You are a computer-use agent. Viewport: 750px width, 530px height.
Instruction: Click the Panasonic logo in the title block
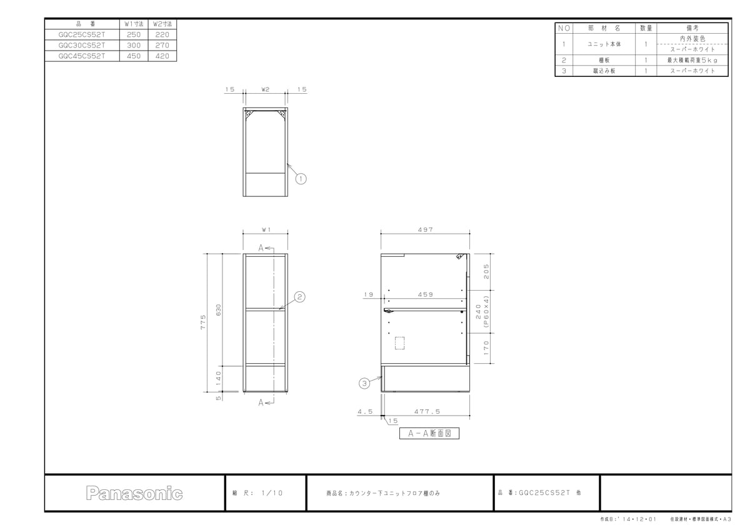pos(134,493)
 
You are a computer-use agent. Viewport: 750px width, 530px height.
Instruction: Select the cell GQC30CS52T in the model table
pos(82,45)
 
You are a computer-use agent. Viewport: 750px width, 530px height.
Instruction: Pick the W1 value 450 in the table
pos(134,56)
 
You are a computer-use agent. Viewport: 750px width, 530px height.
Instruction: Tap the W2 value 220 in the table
pos(162,34)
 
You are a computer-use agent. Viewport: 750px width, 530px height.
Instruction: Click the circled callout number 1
pos(301,179)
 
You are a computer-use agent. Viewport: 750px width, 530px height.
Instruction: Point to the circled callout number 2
pos(299,297)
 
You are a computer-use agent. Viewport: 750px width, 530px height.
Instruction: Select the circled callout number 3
pos(364,383)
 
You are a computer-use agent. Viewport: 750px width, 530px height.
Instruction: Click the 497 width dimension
pos(425,229)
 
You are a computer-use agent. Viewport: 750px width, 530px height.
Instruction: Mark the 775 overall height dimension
pos(203,322)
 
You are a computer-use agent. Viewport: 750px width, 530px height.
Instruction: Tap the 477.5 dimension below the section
pos(427,411)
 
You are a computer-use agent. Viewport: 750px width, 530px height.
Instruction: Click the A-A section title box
pos(429,433)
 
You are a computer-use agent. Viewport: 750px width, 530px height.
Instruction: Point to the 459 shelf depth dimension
pos(425,294)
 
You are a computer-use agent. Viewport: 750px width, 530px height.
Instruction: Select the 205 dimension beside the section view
pos(486,271)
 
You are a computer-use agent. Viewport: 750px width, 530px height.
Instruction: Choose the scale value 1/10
pos(272,493)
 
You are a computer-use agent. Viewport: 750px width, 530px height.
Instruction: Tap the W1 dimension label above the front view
pos(266,229)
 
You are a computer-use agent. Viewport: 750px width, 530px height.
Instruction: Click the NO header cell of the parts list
pos(564,28)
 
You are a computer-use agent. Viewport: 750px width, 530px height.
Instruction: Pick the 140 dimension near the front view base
pos(218,378)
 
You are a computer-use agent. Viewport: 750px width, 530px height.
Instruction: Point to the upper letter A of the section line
pos(261,248)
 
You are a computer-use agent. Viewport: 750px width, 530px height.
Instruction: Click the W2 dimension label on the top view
pos(265,89)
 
